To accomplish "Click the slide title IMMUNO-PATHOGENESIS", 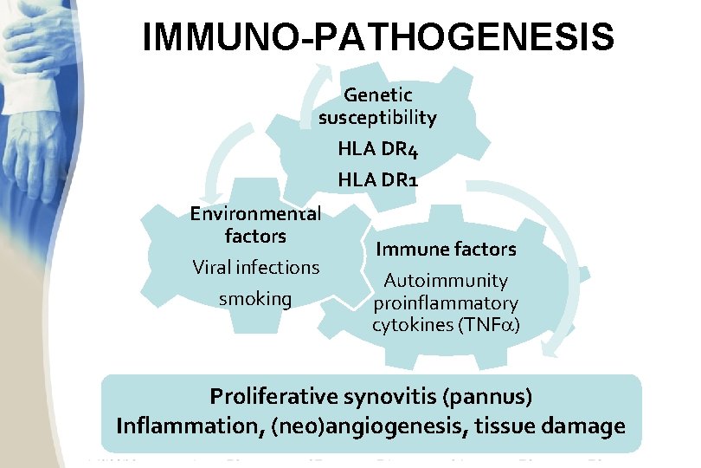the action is (378, 38).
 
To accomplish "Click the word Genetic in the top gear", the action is (377, 94).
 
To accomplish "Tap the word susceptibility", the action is (377, 117).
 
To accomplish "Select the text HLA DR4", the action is (378, 149).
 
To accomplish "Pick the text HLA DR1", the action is (378, 180).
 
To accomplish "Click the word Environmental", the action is (255, 213).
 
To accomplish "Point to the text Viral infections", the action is (255, 267).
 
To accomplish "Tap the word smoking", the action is (255, 299).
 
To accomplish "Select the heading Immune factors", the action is (445, 250).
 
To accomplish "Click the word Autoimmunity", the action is (445, 281).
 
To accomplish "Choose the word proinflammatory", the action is (445, 303).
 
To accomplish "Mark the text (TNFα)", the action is (495, 326).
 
